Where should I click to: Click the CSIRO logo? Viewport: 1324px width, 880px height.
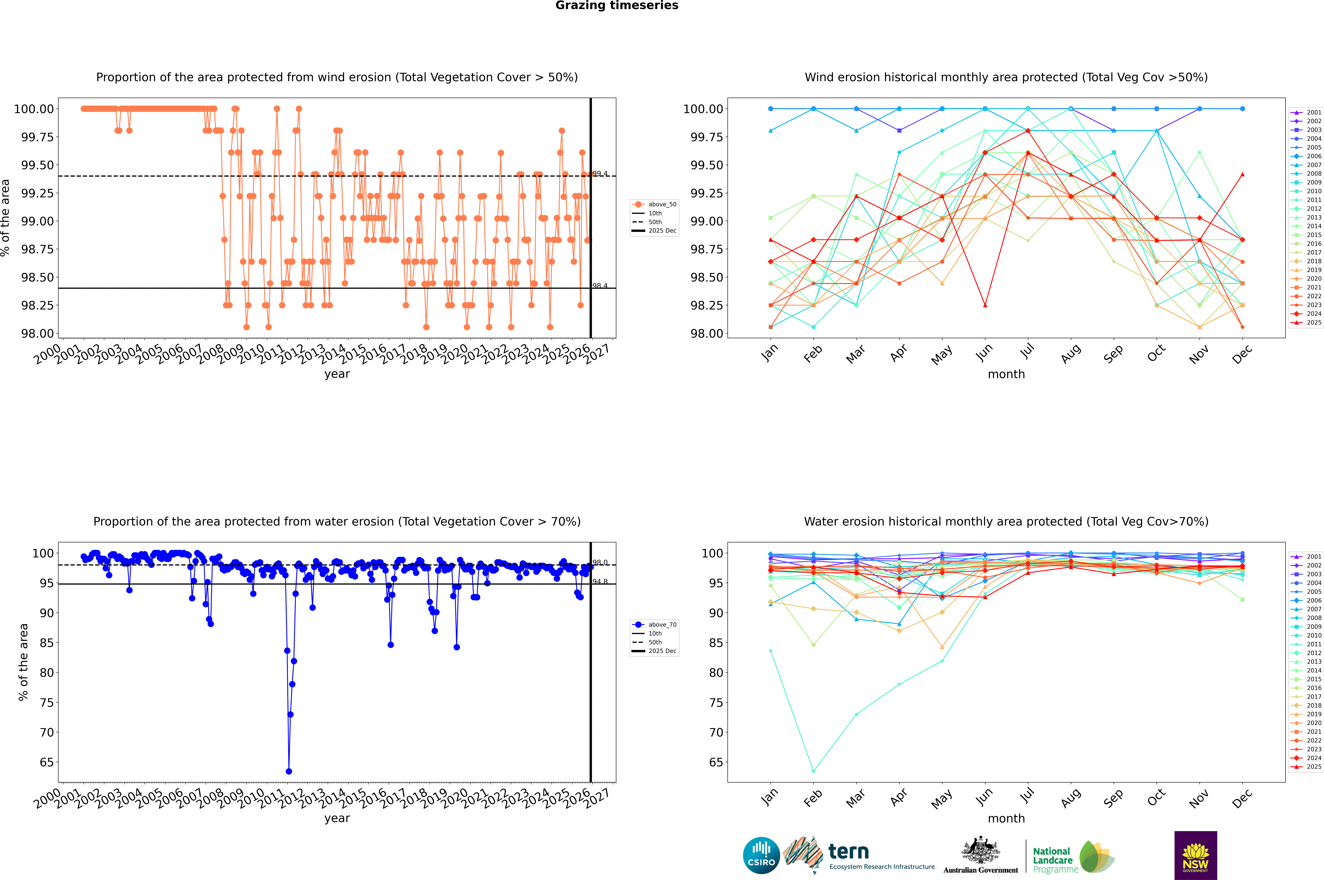[761, 855]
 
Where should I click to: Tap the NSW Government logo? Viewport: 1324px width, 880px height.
[1195, 855]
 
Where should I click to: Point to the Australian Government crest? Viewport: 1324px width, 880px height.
[981, 852]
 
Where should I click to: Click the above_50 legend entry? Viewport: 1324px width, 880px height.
[654, 204]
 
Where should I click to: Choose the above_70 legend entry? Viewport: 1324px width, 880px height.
[654, 625]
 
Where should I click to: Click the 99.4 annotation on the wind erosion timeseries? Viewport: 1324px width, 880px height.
[600, 173]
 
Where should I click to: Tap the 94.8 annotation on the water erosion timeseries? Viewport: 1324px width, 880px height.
[600, 581]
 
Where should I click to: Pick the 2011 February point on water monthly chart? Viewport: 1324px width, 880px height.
[813, 771]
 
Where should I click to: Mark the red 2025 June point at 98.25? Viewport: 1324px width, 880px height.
[985, 305]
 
